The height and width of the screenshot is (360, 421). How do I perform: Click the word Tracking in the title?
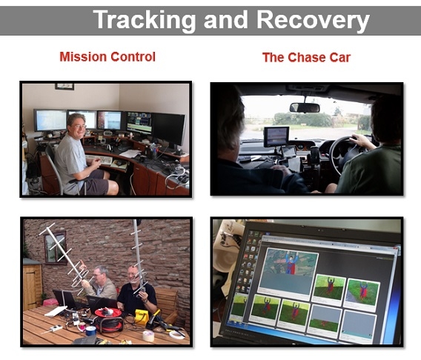pyautogui.click(x=145, y=21)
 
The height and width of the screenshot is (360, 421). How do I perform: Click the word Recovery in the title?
pyautogui.click(x=313, y=21)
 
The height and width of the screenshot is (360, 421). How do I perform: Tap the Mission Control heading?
pyautogui.click(x=107, y=57)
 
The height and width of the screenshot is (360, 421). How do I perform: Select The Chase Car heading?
pyautogui.click(x=306, y=57)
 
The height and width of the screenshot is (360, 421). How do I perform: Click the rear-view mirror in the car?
pyautogui.click(x=305, y=107)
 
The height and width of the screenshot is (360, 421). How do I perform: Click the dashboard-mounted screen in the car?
pyautogui.click(x=276, y=137)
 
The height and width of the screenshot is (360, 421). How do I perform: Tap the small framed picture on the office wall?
pyautogui.click(x=64, y=87)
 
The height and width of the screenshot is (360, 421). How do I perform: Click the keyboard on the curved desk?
pyautogui.click(x=99, y=159)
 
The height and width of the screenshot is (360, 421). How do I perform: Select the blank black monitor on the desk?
pyautogui.click(x=168, y=129)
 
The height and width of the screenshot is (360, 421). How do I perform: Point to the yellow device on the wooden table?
pyautogui.click(x=142, y=316)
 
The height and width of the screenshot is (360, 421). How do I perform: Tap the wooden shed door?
pyautogui.click(x=32, y=287)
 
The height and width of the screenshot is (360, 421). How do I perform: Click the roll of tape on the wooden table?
pyautogui.click(x=148, y=336)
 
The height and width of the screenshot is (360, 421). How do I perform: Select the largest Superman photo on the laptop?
pyautogui.click(x=288, y=270)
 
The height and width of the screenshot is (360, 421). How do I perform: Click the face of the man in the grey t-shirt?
pyautogui.click(x=77, y=127)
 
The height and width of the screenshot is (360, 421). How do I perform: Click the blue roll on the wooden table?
pyautogui.click(x=91, y=330)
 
